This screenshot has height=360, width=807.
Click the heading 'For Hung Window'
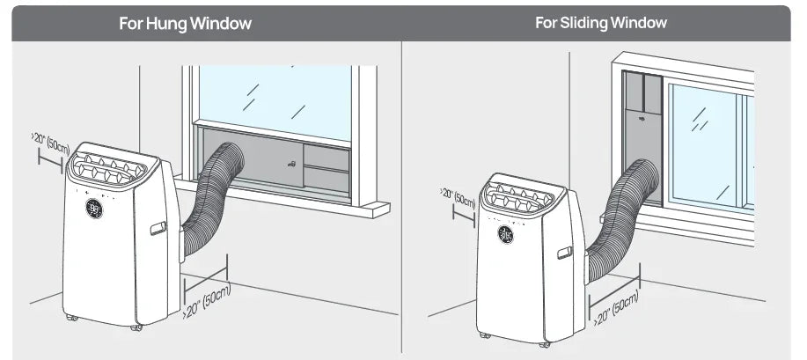pos(185,24)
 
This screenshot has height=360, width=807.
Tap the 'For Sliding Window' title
pos(601,23)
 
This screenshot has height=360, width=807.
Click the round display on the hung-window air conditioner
pos(94,209)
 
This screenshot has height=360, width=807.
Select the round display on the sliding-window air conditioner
pos(506,234)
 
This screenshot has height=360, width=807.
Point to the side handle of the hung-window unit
pos(158,229)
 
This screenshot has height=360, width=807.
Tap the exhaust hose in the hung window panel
pos(211,197)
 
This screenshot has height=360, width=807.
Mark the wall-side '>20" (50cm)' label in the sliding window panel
pos(458,197)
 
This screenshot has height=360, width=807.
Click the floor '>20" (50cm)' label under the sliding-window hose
pos(615,308)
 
